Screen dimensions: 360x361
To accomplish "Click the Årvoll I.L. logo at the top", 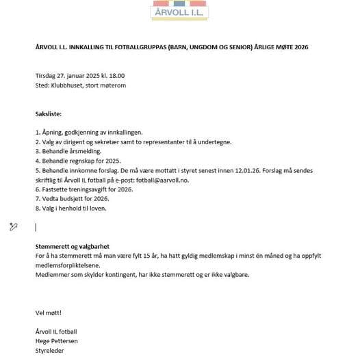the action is coord(179,10).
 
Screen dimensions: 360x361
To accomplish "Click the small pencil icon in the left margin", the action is coord(13,226).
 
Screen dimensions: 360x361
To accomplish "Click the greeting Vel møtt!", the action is coord(48,312).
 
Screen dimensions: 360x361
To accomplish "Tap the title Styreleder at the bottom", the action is coord(49,350).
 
